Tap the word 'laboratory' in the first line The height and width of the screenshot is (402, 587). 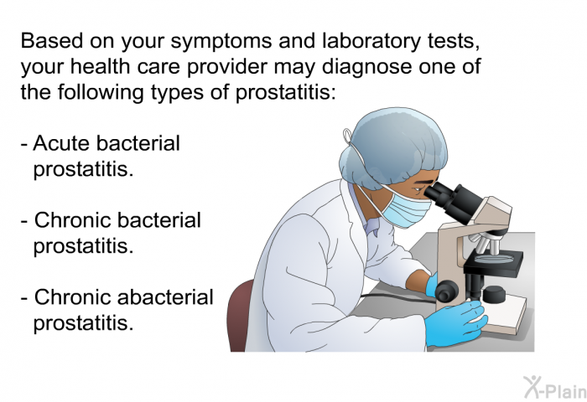tap(371, 42)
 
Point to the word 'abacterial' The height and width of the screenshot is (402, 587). tap(165, 297)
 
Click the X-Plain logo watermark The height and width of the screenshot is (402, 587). tap(554, 388)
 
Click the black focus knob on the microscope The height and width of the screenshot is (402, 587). tap(446, 291)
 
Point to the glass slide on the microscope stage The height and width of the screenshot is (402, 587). tap(494, 257)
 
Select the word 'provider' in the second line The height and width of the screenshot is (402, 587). tap(226, 66)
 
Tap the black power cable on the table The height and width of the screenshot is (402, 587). tap(397, 296)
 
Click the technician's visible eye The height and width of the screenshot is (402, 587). tap(418, 189)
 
